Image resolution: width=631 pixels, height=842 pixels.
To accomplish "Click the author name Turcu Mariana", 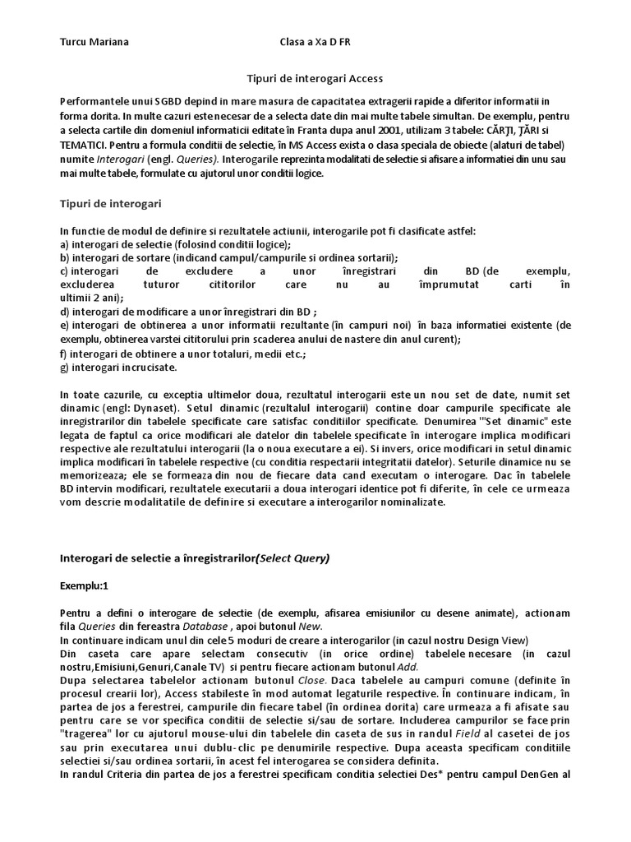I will pyautogui.click(x=94, y=41).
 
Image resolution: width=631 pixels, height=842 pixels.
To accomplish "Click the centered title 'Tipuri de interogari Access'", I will pyautogui.click(x=315, y=79).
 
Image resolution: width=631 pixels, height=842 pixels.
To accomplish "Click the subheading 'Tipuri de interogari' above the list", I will pyautogui.click(x=110, y=202).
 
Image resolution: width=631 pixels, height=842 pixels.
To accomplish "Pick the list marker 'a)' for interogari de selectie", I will pyautogui.click(x=65, y=244).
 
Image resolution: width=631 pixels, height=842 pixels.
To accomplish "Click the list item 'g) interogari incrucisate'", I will pyautogui.click(x=118, y=368).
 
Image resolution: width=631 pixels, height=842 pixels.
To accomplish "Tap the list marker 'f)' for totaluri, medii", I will pyautogui.click(x=64, y=354).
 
